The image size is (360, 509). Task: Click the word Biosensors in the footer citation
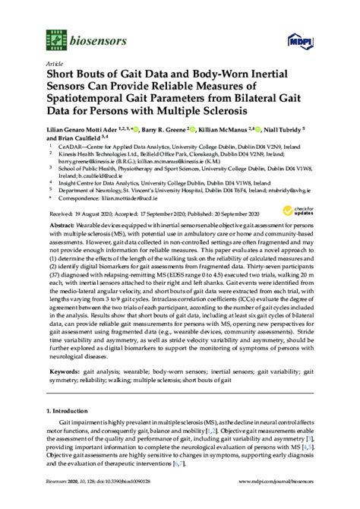click(56, 502)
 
